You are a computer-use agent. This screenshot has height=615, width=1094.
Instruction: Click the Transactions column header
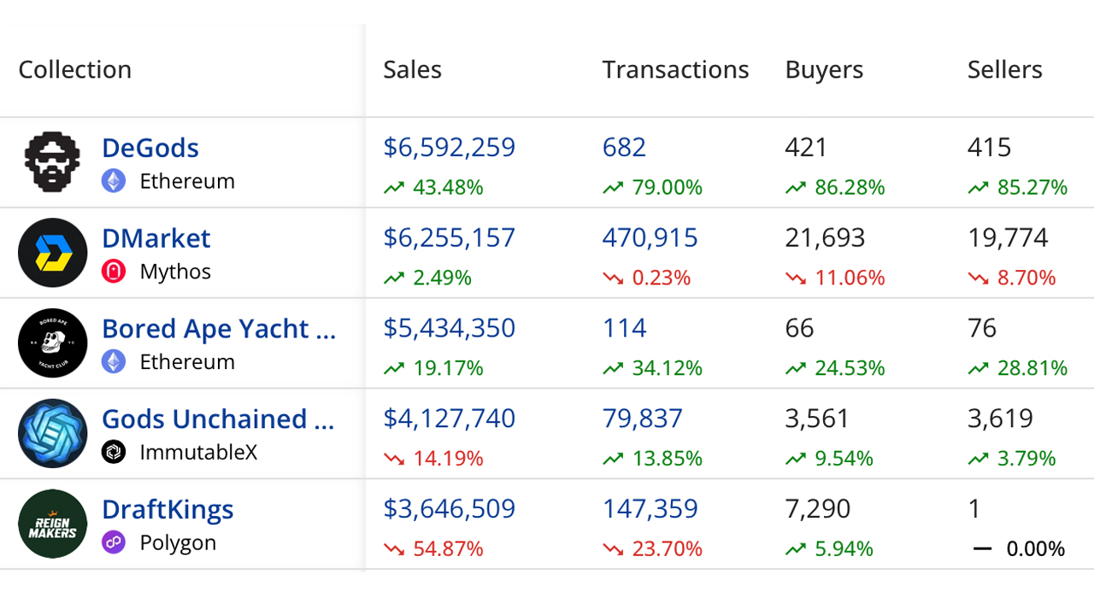point(675,70)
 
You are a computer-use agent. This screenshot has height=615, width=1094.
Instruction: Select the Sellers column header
point(1004,70)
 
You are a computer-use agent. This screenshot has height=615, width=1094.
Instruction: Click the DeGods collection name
point(150,148)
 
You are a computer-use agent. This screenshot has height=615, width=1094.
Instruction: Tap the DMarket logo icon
point(53,253)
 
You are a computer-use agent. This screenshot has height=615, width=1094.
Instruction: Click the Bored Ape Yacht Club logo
point(53,343)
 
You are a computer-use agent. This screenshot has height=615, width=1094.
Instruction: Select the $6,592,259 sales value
point(449,148)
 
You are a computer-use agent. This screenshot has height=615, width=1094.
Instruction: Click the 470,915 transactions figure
point(650,237)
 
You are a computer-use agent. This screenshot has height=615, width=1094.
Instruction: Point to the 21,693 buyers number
point(825,237)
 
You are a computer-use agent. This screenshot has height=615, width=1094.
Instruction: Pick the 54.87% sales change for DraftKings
point(448,549)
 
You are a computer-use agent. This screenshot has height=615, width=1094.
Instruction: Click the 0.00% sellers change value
point(1035,549)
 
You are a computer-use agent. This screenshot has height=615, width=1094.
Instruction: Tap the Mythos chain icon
point(114,272)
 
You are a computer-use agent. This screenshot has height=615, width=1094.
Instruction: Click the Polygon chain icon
point(114,542)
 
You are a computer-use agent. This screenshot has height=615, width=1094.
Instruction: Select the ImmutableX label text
point(198,453)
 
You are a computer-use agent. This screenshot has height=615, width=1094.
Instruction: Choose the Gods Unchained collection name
point(218,419)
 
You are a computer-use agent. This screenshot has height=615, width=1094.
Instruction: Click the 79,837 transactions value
point(642,419)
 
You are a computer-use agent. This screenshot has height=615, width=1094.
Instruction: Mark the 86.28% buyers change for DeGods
point(850,188)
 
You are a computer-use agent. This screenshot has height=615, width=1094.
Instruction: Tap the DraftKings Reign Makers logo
point(53,524)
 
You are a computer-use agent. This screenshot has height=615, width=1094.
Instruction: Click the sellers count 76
point(982,328)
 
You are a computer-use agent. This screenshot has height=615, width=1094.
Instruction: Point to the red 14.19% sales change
point(448,459)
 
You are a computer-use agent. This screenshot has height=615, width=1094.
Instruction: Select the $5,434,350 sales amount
point(449,328)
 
